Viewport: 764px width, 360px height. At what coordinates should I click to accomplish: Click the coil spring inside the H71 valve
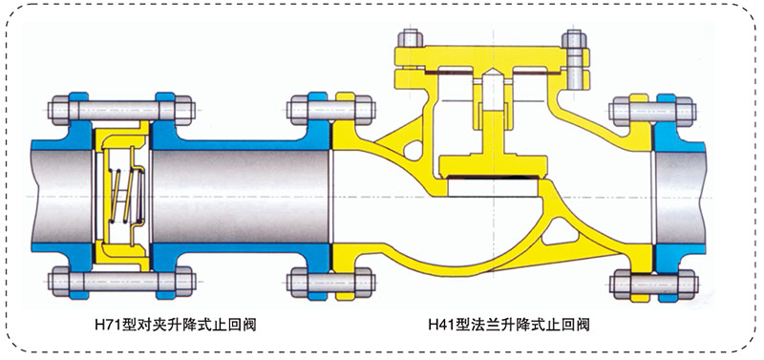tap(123, 189)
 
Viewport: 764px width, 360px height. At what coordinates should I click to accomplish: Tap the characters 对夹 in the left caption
tap(140, 326)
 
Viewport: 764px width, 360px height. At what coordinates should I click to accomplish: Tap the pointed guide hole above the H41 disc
tap(491, 96)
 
